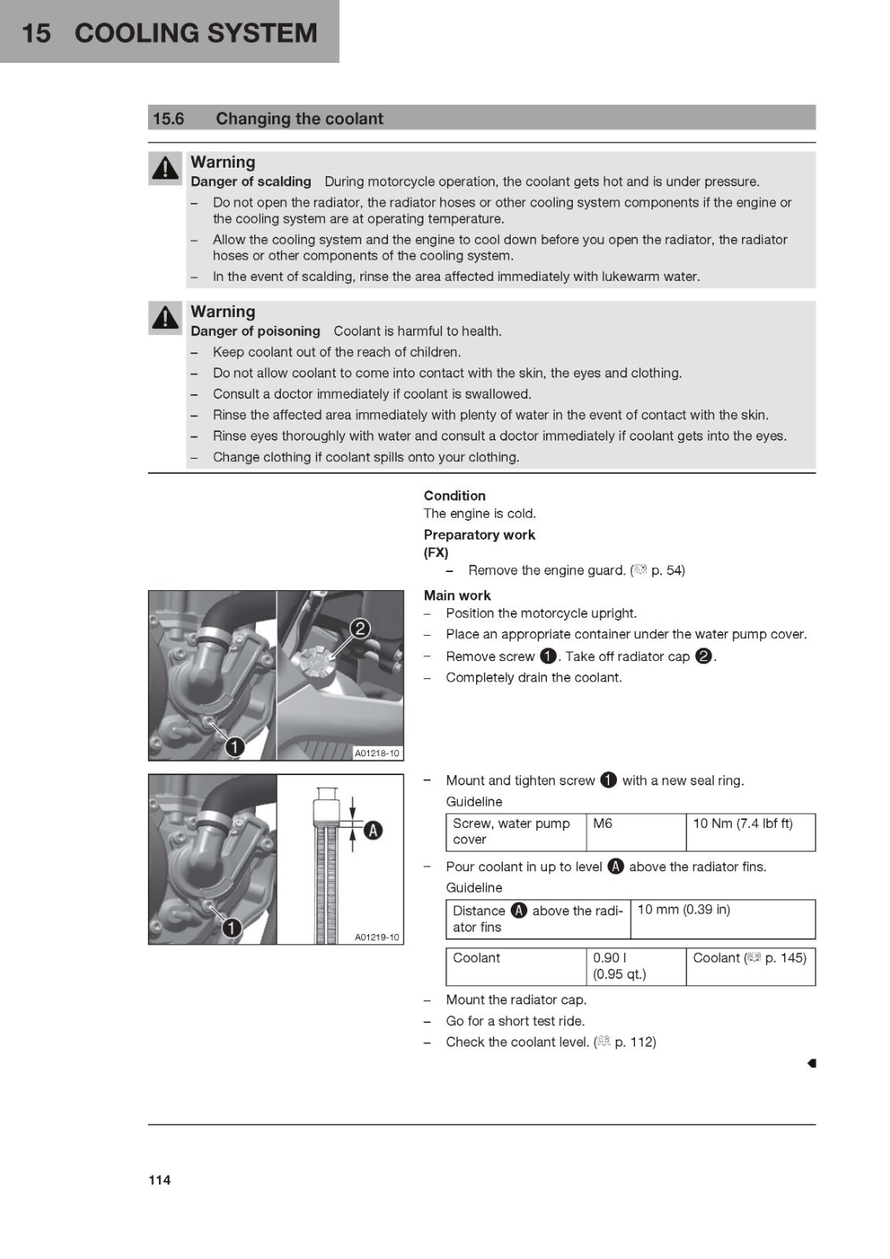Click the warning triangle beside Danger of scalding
click(164, 168)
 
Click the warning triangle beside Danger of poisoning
click(164, 318)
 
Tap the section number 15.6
click(168, 119)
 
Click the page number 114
click(160, 1180)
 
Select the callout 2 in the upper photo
click(360, 629)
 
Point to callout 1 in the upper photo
click(235, 747)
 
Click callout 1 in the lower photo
click(231, 928)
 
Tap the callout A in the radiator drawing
click(373, 830)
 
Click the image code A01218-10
click(377, 752)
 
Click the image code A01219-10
click(377, 937)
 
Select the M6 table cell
click(636, 832)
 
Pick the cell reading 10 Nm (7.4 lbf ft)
click(751, 832)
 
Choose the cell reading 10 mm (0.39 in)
click(722, 919)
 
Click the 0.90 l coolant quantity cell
click(636, 966)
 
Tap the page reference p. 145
click(785, 958)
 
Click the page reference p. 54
click(667, 570)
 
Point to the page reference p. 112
click(635, 1042)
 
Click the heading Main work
click(457, 595)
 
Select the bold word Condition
click(454, 496)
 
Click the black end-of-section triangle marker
click(811, 1063)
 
